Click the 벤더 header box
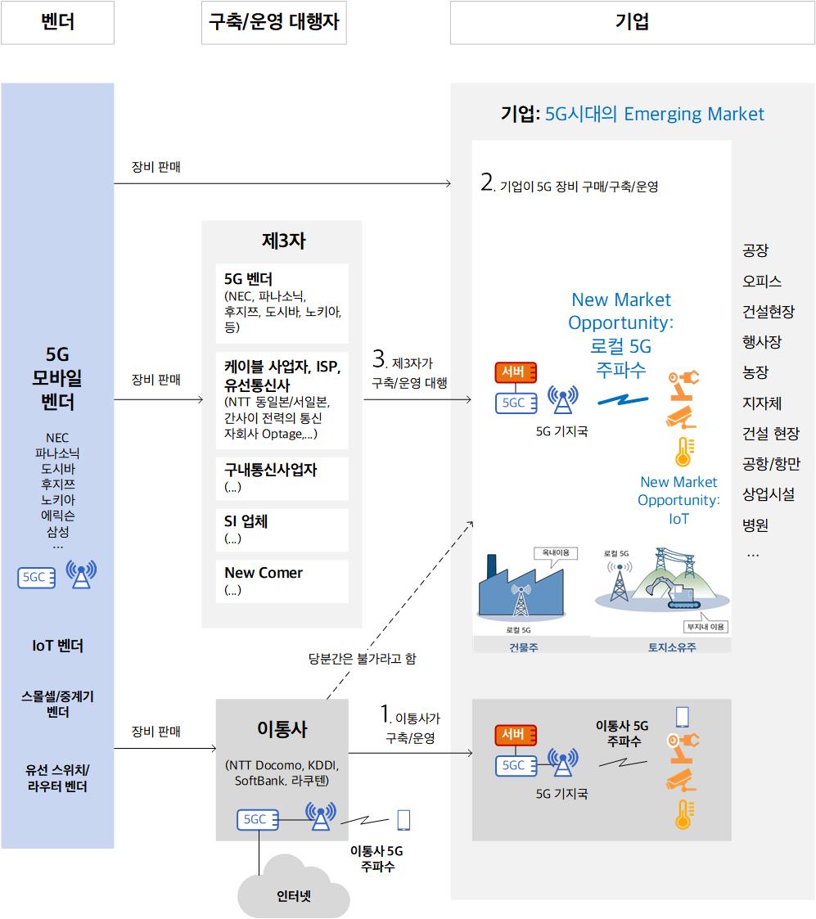point(57,22)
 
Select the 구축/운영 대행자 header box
point(273,22)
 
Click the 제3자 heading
point(284,241)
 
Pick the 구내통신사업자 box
point(282,478)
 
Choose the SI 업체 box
point(282,529)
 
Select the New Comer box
point(282,581)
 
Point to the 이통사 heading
point(282,729)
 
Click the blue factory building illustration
point(521,589)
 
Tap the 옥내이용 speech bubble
point(556,555)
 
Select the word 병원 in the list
point(755,525)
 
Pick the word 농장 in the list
point(755,372)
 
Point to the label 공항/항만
point(771,464)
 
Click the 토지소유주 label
point(672,647)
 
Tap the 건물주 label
point(524,647)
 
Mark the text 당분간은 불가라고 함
point(363,659)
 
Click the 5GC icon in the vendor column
point(36,577)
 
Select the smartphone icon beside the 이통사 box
point(403,820)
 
